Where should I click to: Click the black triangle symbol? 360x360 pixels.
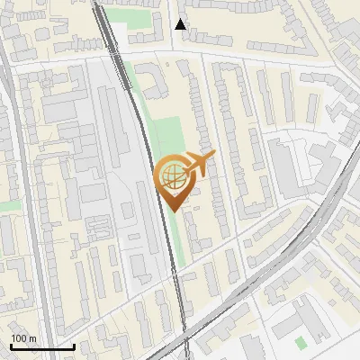pos(181,24)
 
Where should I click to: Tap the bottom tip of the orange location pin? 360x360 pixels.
pos(175,211)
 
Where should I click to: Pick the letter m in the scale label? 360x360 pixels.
pos(33,338)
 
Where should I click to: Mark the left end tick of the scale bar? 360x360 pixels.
pos(11,346)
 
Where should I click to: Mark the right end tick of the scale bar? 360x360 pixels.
pos(74,346)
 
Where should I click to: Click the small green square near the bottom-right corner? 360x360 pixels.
pos(301,342)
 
